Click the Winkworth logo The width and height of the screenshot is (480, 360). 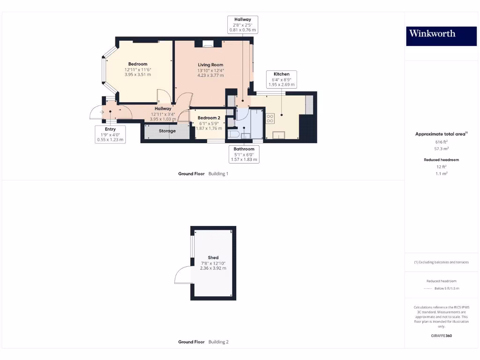(432, 33)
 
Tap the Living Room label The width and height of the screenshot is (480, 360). (210, 65)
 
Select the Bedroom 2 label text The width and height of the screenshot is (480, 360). (209, 118)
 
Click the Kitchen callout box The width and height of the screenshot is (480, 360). (281, 79)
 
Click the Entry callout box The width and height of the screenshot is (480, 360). (110, 134)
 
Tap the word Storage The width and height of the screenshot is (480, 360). (167, 131)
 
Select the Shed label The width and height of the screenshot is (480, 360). (213, 257)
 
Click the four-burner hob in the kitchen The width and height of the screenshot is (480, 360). (270, 118)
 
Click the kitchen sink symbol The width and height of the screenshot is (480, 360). (278, 135)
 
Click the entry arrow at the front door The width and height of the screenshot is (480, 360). (102, 112)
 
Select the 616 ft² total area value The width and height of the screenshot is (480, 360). (441, 141)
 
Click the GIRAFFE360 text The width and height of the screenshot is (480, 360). (441, 336)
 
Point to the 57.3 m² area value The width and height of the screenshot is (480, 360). (441, 148)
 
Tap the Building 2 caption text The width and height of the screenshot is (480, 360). (218, 342)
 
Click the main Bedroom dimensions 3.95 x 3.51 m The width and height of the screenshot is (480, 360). (138, 74)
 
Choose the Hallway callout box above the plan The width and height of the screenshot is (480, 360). (242, 24)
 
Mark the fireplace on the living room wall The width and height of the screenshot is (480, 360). (208, 44)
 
